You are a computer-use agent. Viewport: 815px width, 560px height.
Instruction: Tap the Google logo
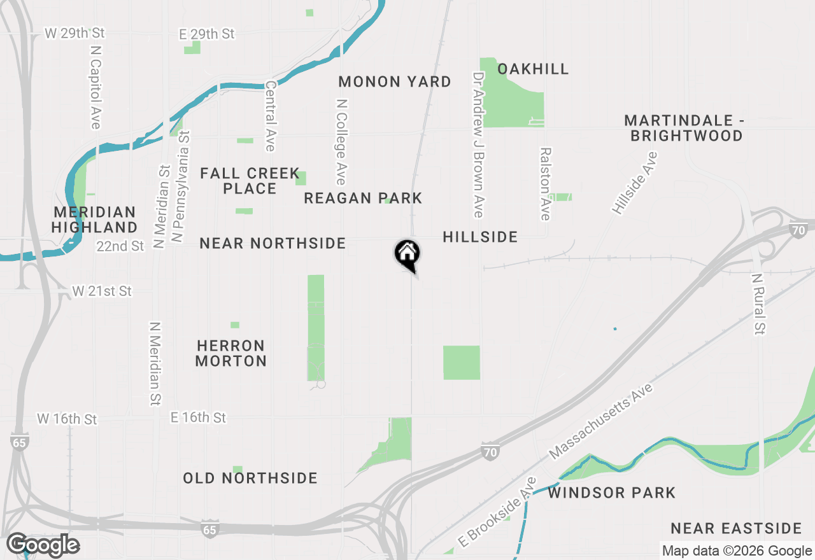pos(43,545)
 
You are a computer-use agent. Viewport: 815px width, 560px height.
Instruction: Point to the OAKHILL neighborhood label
pos(533,69)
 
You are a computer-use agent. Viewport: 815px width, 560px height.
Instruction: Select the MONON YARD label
pos(395,81)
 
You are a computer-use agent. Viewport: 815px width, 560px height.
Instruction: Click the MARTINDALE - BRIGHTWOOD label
pos(684,128)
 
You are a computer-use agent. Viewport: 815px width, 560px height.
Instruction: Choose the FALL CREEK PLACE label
pos(250,181)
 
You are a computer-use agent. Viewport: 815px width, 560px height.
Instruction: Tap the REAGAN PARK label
pos(363,198)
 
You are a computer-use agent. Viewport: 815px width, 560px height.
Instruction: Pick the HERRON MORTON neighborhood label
pos(230,353)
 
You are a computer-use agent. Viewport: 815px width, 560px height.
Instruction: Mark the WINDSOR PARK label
pos(611,493)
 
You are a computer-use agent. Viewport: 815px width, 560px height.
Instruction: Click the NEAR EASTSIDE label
pos(736,528)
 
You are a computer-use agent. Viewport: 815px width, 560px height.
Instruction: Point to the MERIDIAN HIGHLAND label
pos(94,220)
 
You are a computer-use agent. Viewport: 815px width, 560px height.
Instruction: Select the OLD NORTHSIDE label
pos(250,478)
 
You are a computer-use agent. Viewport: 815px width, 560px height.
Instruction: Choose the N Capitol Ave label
pos(96,87)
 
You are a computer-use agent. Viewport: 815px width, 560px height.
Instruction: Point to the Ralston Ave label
pos(545,184)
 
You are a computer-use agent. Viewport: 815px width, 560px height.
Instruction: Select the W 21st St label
pos(102,291)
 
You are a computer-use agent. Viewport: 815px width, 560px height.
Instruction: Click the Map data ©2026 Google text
pos(737,551)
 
